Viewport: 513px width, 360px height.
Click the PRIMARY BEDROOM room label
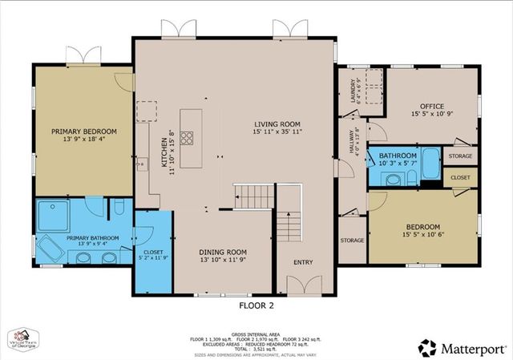pos(84,131)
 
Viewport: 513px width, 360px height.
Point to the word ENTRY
pos(304,261)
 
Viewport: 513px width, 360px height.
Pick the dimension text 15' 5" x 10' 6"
pos(422,236)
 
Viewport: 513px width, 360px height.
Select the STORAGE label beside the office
pos(460,156)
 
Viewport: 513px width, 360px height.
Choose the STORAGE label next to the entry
pos(352,240)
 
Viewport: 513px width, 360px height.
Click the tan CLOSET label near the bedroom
pos(460,177)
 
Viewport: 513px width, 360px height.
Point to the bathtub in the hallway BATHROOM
pos(430,164)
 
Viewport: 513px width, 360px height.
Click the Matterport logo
pos(463,346)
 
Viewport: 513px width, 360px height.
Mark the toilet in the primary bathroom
pos(118,208)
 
